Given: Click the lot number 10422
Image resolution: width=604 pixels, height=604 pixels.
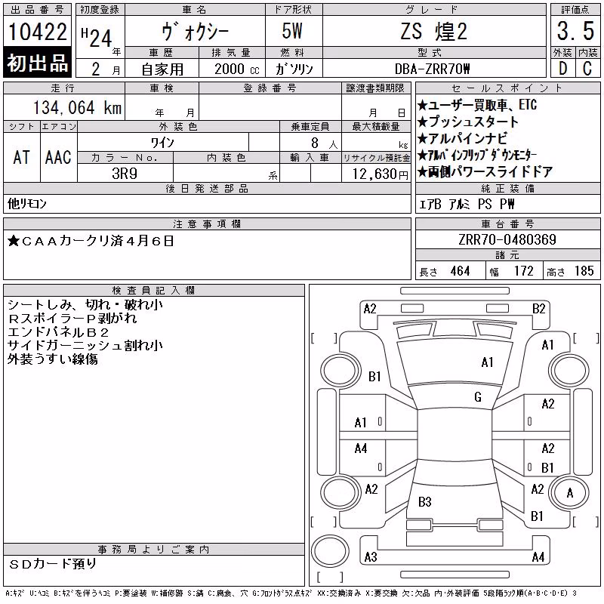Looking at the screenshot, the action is pyautogui.click(x=37, y=32).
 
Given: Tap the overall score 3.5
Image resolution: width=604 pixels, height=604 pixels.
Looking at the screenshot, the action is pyautogui.click(x=575, y=31).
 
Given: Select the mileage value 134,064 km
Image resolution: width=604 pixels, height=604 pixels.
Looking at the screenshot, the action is pyautogui.click(x=77, y=107).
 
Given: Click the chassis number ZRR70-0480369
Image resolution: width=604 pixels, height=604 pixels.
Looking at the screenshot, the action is pyautogui.click(x=507, y=239).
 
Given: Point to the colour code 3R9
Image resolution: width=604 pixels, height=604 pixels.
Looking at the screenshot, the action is pyautogui.click(x=125, y=174).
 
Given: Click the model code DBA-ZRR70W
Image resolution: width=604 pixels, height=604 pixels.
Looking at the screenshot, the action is pyautogui.click(x=432, y=69).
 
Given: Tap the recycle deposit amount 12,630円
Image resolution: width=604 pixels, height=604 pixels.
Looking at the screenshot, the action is pyautogui.click(x=380, y=174).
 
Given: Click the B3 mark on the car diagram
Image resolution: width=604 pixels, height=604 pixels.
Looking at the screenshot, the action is pyautogui.click(x=425, y=502).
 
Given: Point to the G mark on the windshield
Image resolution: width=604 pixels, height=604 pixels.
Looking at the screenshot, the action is pyautogui.click(x=478, y=397).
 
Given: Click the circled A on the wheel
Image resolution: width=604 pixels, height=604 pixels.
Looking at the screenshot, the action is pyautogui.click(x=570, y=493).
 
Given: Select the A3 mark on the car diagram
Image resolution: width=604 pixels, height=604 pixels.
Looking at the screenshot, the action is pyautogui.click(x=371, y=557).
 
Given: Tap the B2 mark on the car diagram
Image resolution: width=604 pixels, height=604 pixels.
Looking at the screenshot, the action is pyautogui.click(x=539, y=309).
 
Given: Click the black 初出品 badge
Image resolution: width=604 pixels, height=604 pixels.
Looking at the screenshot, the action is pyautogui.click(x=37, y=62).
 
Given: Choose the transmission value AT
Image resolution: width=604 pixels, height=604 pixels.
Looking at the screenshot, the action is pyautogui.click(x=21, y=157).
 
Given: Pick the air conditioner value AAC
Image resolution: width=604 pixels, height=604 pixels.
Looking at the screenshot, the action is pyautogui.click(x=58, y=157).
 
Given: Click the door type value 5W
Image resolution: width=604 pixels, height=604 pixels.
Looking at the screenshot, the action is pyautogui.click(x=292, y=31).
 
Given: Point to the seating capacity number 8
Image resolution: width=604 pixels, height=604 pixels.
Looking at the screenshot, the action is pyautogui.click(x=315, y=143).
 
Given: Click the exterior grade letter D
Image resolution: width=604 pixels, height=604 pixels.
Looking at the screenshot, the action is pyautogui.click(x=562, y=69).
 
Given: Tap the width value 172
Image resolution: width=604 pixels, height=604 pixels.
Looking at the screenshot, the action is pyautogui.click(x=523, y=271).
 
